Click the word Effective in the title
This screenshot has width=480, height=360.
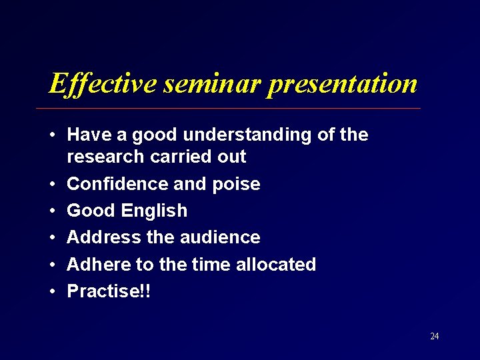point(103,84)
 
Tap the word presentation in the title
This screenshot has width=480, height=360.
point(342,84)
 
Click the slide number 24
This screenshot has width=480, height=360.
point(434,336)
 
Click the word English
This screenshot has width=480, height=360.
point(155,211)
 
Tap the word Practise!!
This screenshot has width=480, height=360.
point(109,291)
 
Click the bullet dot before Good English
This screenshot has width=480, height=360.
point(51,211)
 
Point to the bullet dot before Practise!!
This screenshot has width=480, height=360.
point(51,292)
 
